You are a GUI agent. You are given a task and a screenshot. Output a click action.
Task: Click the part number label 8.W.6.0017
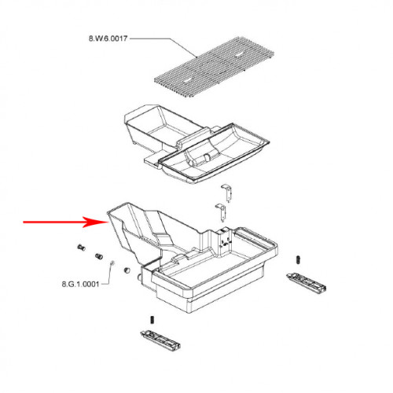[x=108, y=39]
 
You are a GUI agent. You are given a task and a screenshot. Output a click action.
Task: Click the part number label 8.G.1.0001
[x=80, y=284]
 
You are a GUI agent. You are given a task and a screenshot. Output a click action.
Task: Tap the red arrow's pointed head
[x=108, y=222]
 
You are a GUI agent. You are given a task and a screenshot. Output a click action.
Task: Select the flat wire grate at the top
[x=214, y=67]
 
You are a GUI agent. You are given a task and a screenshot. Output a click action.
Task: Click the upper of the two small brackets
[x=228, y=193]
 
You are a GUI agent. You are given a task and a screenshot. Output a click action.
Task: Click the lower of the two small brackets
[x=221, y=212]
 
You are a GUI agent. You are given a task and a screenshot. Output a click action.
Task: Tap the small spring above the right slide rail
[x=298, y=259]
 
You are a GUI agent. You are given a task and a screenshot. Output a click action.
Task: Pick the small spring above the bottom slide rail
[x=152, y=320]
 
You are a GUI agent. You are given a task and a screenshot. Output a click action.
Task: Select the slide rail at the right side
[x=307, y=283]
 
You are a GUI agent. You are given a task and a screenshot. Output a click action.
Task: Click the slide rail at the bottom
[x=160, y=340]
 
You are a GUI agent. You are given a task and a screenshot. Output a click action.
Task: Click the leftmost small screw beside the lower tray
[x=81, y=247]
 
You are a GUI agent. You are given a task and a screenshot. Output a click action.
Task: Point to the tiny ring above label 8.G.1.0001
[x=112, y=263]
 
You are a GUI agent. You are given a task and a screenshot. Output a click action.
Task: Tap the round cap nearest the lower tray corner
[x=127, y=270]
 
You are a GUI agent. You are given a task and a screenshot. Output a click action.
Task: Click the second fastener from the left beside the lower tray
[x=99, y=256]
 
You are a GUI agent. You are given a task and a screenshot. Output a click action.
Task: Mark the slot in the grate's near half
[x=188, y=81]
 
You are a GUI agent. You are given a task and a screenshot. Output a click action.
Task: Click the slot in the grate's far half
[x=240, y=55]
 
